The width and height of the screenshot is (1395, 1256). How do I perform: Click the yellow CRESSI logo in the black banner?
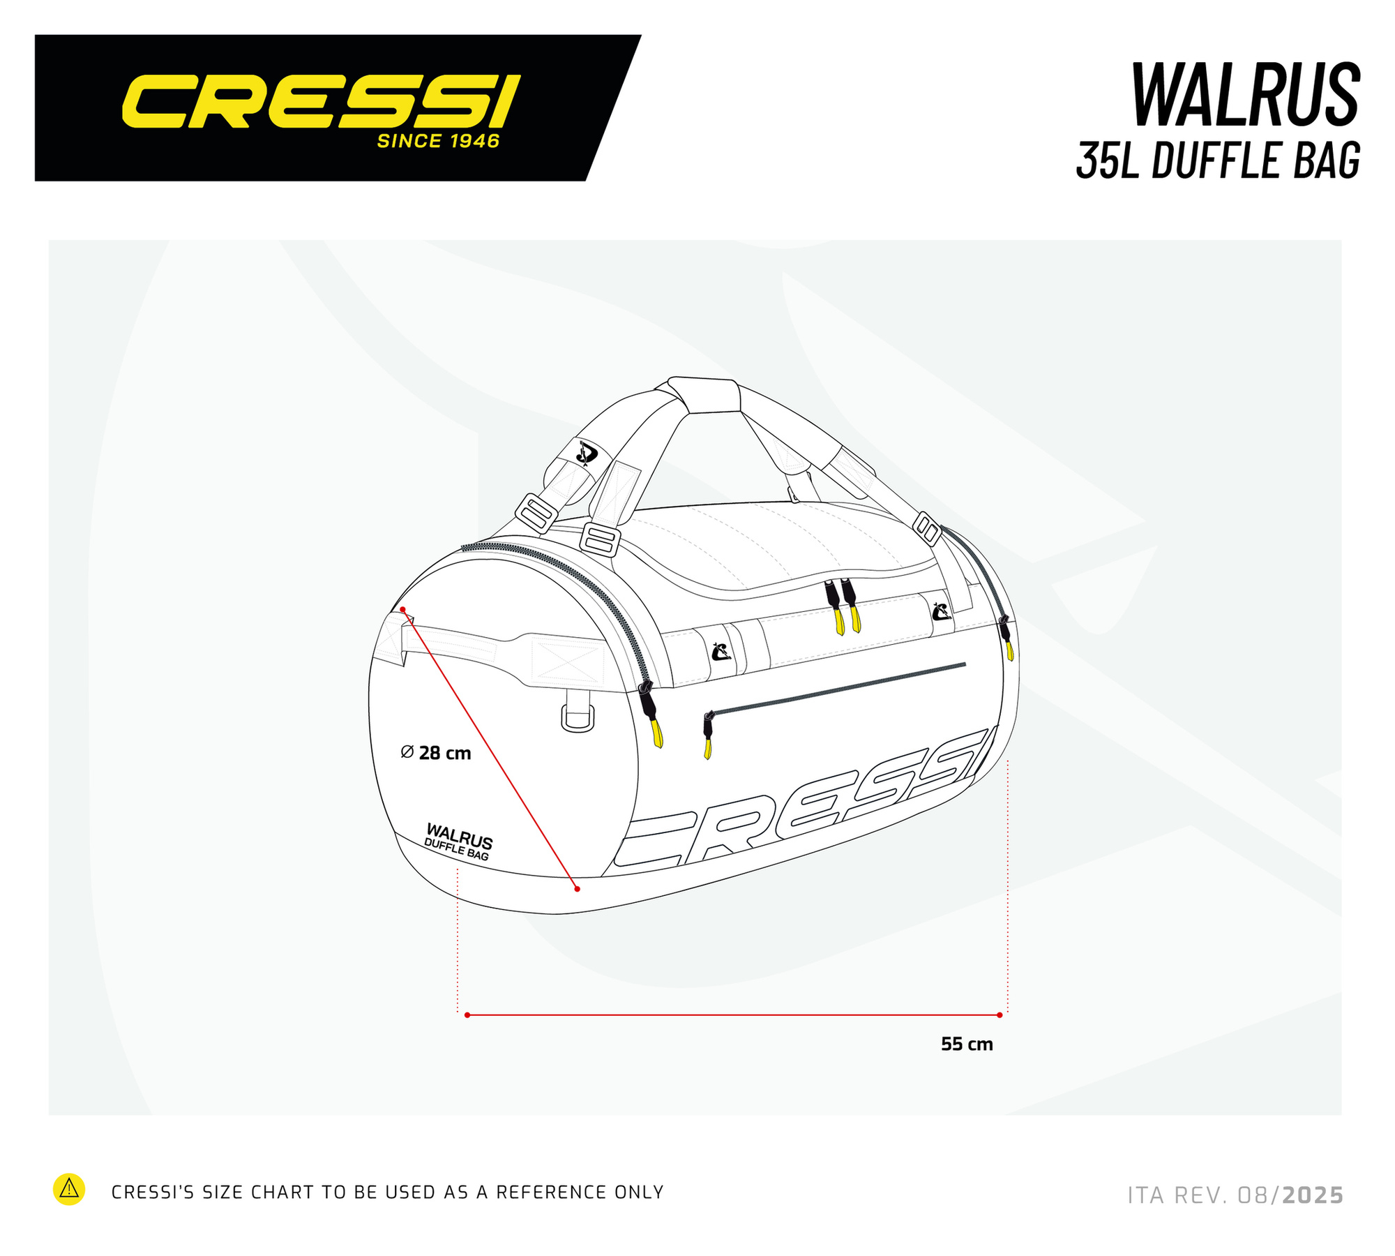tap(322, 103)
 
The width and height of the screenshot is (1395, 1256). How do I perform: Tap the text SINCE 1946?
tap(439, 141)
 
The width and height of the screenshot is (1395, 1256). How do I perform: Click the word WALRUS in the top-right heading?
tap(1246, 96)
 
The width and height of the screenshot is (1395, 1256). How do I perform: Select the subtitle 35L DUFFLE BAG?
tap(1218, 160)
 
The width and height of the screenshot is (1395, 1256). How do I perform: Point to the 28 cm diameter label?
tap(436, 753)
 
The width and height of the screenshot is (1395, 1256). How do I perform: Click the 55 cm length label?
tap(967, 1044)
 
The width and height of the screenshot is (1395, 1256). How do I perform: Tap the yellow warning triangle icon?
tap(69, 1190)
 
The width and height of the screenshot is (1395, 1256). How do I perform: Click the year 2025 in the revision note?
tap(1313, 1195)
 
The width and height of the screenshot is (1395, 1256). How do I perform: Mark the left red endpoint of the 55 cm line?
tap(467, 1015)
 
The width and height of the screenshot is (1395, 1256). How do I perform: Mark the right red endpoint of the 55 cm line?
tap(1000, 1015)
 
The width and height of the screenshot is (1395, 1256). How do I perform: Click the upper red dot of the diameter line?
tap(402, 610)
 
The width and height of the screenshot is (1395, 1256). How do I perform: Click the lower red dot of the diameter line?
tap(577, 888)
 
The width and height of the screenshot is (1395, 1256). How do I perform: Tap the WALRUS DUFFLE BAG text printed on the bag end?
tap(458, 842)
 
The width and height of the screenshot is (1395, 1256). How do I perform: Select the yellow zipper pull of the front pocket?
tap(708, 749)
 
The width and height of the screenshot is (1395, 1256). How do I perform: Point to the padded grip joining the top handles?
tap(703, 395)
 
